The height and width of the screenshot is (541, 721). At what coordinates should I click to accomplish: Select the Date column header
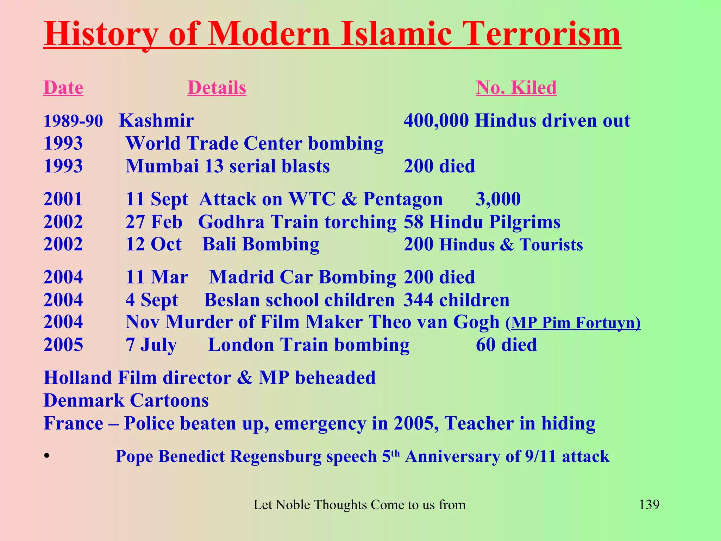coord(63,87)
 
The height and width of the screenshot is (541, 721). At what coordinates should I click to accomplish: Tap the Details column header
coord(217,87)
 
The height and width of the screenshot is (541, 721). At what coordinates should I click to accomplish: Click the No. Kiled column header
coord(516,87)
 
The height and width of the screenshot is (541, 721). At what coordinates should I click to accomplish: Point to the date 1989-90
coord(73,121)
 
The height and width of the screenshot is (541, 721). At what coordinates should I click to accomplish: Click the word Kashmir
coord(156,121)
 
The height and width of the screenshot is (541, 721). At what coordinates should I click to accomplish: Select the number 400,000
coord(436,121)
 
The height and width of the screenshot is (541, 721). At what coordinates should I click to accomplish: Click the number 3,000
coord(498,199)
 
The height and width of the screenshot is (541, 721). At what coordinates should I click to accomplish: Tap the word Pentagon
coord(403,199)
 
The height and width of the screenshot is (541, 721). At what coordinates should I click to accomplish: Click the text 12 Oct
coord(153,244)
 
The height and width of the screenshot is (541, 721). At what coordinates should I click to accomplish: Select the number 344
coord(418,300)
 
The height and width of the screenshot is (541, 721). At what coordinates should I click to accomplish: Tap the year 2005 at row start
coord(63,345)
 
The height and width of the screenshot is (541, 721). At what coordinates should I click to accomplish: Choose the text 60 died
coord(506,345)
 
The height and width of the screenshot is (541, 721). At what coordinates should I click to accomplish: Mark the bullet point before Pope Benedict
coord(46,456)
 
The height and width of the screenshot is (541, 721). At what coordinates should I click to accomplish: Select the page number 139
coord(649,504)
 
